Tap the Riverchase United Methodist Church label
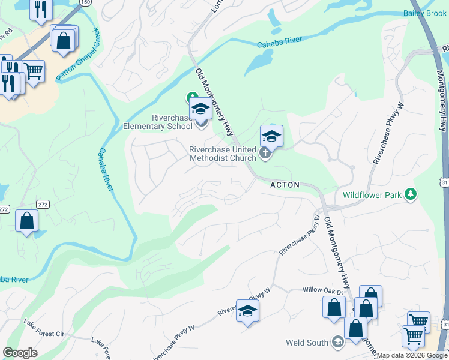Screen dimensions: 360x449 tap(223, 154)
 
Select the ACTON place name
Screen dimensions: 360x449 tap(285, 185)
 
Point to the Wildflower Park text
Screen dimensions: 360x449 tap(372, 194)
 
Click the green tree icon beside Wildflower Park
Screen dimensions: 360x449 tap(411, 194)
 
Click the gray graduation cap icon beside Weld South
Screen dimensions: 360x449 tap(338, 342)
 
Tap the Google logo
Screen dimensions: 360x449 tap(20, 352)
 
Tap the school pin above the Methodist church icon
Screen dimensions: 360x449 tap(271, 136)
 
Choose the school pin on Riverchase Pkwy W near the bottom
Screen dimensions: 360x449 tap(247, 310)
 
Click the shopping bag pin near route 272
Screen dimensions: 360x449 tap(27, 221)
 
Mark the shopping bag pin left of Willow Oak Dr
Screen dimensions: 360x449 tap(334, 307)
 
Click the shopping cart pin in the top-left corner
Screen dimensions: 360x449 tap(34, 70)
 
